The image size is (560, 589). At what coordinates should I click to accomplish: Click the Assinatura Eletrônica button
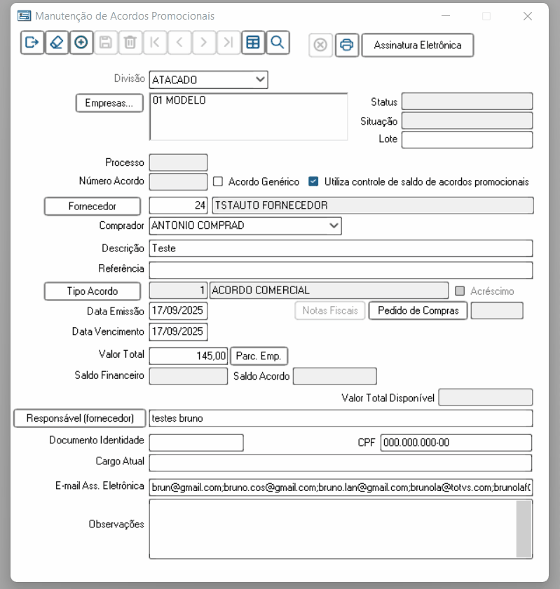tap(417, 45)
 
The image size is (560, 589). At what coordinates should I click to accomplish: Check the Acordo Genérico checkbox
tap(218, 181)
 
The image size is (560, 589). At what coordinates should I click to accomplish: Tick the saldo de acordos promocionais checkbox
tap(313, 181)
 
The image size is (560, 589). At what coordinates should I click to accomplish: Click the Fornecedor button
tap(93, 206)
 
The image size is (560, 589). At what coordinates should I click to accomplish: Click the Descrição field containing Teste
tap(341, 248)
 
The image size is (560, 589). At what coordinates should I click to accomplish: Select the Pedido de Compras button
tap(418, 310)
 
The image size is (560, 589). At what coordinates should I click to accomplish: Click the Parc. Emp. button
tap(259, 356)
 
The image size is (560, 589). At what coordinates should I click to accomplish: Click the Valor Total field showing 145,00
tap(189, 356)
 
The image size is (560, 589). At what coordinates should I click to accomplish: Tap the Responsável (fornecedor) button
tap(80, 418)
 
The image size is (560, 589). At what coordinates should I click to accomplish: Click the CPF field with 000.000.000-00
tap(456, 443)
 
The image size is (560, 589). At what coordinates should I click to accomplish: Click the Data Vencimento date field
tap(178, 331)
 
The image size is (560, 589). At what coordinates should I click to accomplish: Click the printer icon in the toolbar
tap(346, 45)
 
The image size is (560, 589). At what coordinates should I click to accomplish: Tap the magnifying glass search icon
tap(277, 43)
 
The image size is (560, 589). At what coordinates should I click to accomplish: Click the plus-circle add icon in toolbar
tap(81, 43)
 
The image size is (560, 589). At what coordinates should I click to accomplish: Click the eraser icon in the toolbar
tap(57, 43)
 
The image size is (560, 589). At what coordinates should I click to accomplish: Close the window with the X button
tap(528, 16)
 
